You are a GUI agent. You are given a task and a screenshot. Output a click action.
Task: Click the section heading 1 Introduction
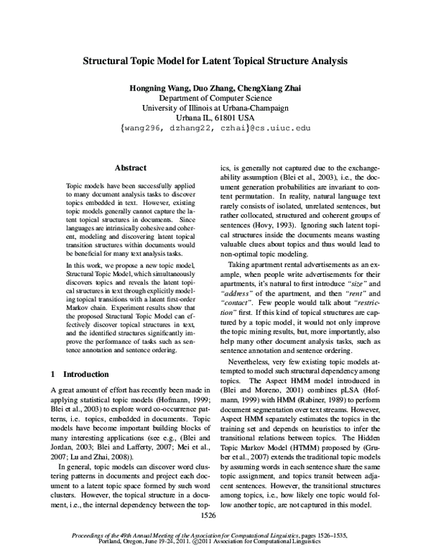tap(80, 375)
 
